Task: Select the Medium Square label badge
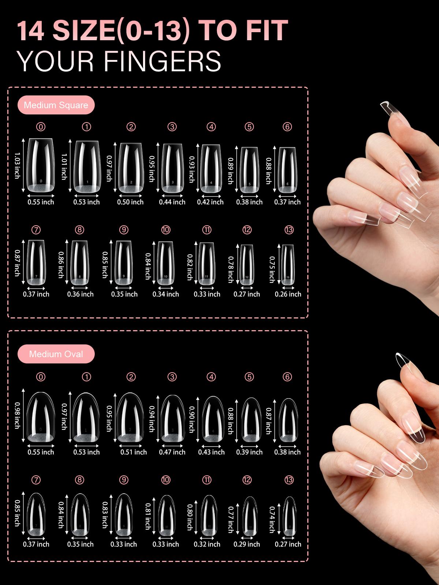tap(56, 105)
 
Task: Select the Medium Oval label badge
tap(56, 354)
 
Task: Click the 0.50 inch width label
tap(130, 202)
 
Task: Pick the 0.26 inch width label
tap(288, 294)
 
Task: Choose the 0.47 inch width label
tap(172, 452)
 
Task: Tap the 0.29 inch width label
tap(247, 544)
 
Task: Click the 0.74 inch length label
tap(272, 520)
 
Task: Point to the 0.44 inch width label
tap(172, 202)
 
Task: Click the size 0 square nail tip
tap(41, 165)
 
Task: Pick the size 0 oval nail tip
tap(41, 416)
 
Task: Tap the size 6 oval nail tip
tap(288, 420)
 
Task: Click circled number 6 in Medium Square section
tap(287, 127)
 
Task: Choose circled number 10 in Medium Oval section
tap(166, 480)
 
